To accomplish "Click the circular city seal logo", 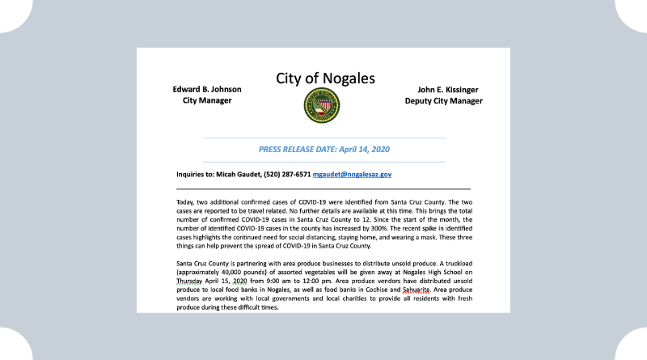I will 321,105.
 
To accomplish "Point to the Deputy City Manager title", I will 444,101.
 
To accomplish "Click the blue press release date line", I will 323,150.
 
